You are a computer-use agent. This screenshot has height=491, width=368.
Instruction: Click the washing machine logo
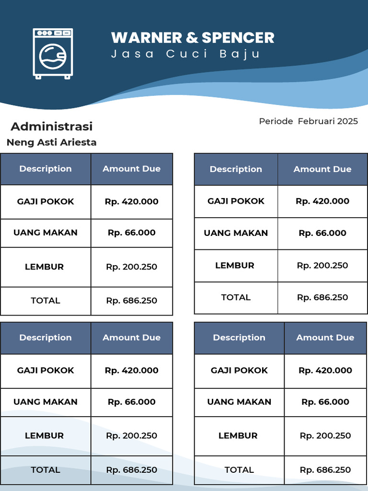click(x=53, y=53)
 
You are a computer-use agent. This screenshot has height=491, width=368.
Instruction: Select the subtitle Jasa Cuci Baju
click(x=186, y=54)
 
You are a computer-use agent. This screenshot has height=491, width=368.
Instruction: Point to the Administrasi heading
click(x=52, y=127)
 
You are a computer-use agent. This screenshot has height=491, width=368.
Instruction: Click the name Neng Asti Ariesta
click(x=51, y=142)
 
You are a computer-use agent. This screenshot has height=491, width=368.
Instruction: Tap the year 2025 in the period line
click(x=347, y=121)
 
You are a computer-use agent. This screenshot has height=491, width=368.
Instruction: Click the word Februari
click(x=316, y=121)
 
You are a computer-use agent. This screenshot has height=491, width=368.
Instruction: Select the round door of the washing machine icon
click(x=53, y=57)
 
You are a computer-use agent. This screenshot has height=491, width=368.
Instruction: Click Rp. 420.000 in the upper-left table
click(x=132, y=201)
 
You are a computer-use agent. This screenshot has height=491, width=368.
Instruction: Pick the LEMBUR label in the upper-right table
click(x=235, y=266)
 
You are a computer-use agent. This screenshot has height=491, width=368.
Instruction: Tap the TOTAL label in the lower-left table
click(x=46, y=470)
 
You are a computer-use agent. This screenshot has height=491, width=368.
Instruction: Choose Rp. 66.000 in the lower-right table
click(x=325, y=402)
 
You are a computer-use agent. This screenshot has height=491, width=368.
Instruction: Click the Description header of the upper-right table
click(x=236, y=169)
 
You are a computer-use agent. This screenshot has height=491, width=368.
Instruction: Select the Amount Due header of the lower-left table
click(x=132, y=338)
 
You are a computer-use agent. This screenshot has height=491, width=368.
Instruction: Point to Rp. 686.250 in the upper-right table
click(x=322, y=297)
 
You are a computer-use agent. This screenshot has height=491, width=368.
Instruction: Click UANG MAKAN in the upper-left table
click(x=46, y=233)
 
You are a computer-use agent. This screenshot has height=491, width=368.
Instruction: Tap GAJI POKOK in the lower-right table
click(x=239, y=370)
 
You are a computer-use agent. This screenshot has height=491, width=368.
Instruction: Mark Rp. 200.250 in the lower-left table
click(x=132, y=436)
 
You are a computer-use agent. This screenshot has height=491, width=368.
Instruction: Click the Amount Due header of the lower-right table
click(x=325, y=338)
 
